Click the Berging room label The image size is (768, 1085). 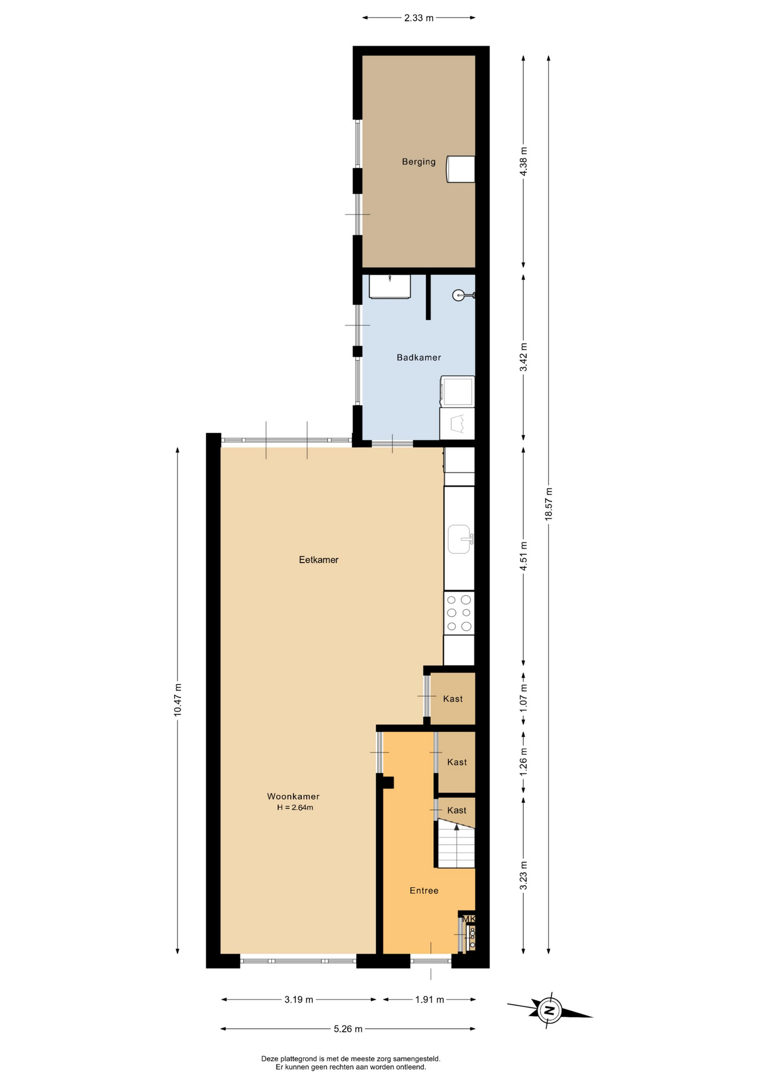[x=418, y=162]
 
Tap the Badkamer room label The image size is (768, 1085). [x=418, y=357]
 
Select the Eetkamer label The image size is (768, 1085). [x=318, y=559]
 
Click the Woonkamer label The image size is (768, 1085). [x=293, y=796]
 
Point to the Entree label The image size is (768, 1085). [x=424, y=890]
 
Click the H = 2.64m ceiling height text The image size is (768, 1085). [x=295, y=808]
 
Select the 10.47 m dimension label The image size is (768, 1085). [x=178, y=700]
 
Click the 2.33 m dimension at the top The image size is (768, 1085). [x=418, y=18]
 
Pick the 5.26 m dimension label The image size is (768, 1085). [x=348, y=1028]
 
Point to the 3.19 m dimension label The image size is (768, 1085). [x=299, y=999]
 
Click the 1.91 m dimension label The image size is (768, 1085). [x=429, y=999]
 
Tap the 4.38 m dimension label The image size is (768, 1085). [x=523, y=162]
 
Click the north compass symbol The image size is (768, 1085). [x=549, y=1009]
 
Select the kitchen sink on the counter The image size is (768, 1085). [x=460, y=539]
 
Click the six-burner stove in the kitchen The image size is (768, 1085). [x=459, y=613]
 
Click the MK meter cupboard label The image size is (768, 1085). [x=469, y=919]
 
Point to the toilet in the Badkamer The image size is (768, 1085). [x=462, y=295]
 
